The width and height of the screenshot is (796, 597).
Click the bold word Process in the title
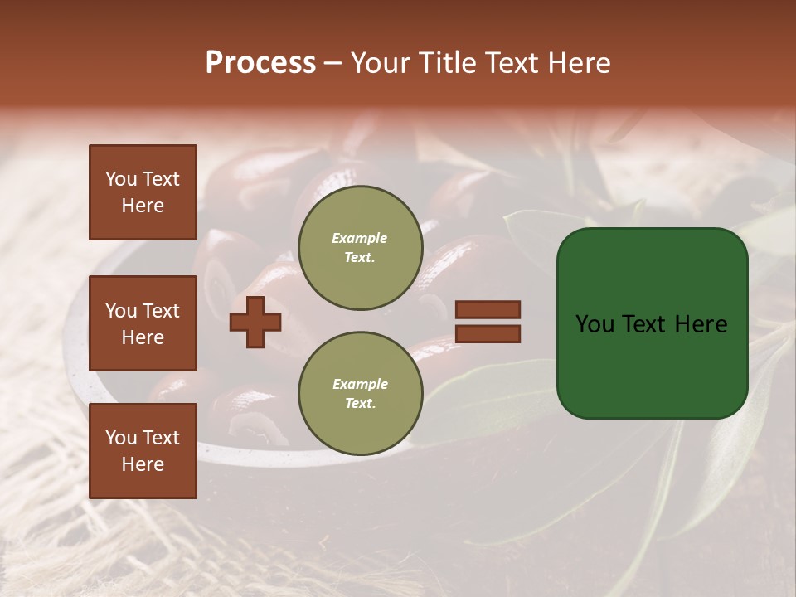260,63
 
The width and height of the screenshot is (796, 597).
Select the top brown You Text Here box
143,192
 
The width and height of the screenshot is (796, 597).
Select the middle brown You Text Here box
143,323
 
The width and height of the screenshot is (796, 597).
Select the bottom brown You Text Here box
143,450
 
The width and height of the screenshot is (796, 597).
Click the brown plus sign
255,322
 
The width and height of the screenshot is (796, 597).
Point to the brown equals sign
488,322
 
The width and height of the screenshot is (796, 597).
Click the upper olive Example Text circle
360,247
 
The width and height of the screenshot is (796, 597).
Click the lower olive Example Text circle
360,393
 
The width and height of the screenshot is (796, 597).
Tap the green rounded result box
652,323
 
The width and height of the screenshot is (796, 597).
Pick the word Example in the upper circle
360,238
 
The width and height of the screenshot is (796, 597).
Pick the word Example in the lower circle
360,384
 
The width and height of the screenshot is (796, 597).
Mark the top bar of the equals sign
488,310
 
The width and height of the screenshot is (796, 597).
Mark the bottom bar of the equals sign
488,334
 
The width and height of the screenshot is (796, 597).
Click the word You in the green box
595,324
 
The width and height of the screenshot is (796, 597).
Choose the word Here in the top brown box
143,206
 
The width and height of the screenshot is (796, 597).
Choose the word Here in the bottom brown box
143,464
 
